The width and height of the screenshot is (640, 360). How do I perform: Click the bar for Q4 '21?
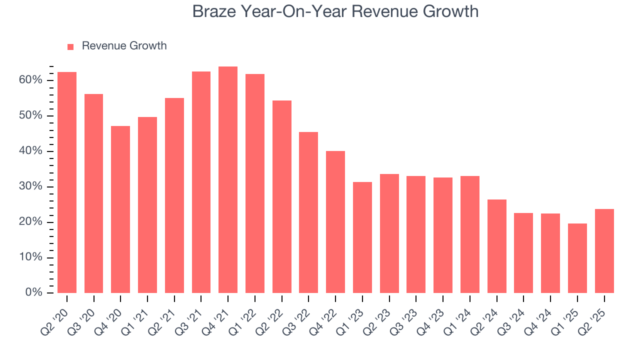[228, 180]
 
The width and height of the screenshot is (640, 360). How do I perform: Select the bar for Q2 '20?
[67, 182]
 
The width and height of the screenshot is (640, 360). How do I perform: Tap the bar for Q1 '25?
[577, 258]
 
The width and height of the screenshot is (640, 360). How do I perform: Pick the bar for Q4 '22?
[335, 222]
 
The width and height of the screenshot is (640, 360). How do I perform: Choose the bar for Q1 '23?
[362, 237]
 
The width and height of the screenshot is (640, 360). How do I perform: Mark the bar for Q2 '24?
[497, 246]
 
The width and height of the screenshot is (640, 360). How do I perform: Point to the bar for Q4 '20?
[120, 209]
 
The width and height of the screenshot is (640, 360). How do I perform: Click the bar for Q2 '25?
[604, 251]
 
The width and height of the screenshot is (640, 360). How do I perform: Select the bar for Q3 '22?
[308, 212]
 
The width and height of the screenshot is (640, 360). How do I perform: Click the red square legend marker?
[70, 46]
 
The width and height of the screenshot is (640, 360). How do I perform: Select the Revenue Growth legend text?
[124, 46]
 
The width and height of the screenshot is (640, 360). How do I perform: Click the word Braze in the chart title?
[214, 11]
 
